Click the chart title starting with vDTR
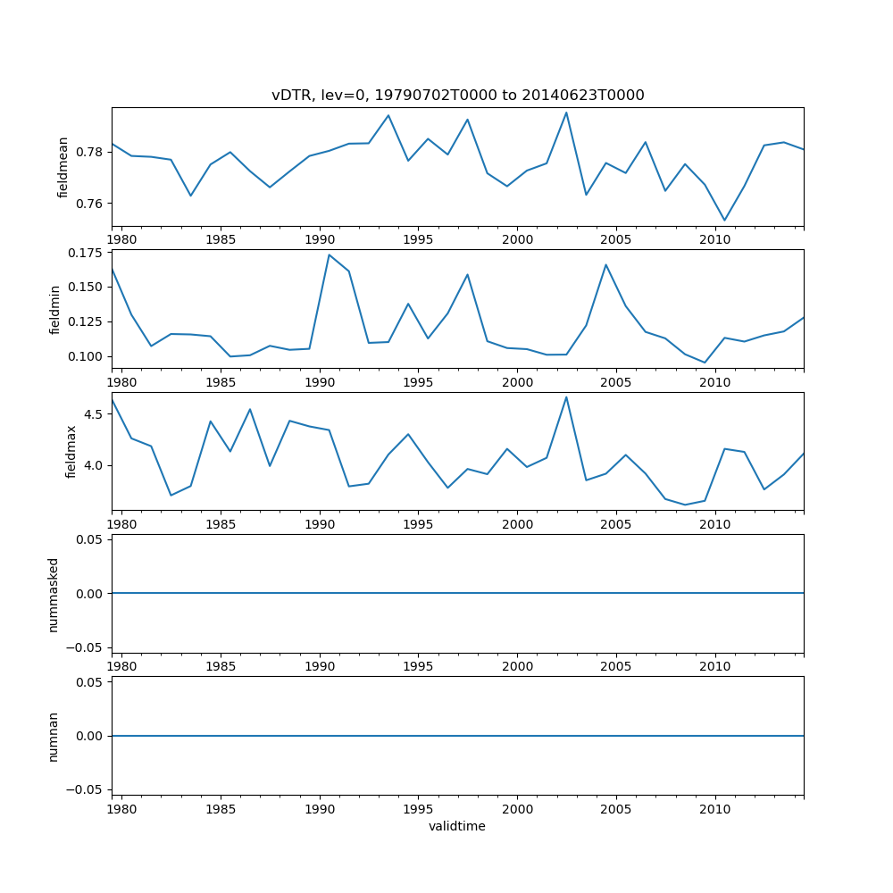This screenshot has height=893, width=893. (x=457, y=96)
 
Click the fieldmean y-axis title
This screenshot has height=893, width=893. (x=63, y=167)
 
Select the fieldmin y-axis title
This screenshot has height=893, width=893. (x=55, y=309)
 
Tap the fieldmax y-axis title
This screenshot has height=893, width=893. (x=71, y=451)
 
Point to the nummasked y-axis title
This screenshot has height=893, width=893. (x=54, y=594)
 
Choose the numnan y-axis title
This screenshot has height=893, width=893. (x=54, y=736)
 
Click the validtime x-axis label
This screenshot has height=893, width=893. (x=457, y=827)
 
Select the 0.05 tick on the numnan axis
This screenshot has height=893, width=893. (x=89, y=682)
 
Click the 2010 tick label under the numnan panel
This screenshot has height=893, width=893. (x=715, y=809)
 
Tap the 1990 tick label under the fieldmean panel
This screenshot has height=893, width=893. (x=320, y=240)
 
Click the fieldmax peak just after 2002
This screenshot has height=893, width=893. (x=566, y=397)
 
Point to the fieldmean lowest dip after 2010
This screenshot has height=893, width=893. (x=724, y=220)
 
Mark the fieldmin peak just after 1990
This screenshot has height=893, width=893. (x=330, y=255)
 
